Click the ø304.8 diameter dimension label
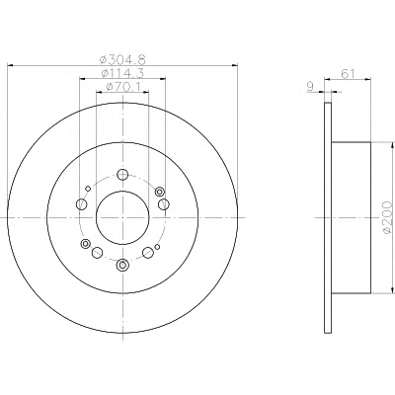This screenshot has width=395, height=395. pyautogui.click(x=122, y=60)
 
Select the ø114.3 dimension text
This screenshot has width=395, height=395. pyautogui.click(x=122, y=73)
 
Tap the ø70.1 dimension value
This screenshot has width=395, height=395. pyautogui.click(x=123, y=87)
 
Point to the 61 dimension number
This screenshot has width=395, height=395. pyautogui.click(x=348, y=74)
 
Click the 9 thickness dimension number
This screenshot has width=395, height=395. pyautogui.click(x=310, y=87)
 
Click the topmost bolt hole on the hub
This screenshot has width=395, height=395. pyautogui.click(x=122, y=175)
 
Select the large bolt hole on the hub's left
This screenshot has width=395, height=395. pyautogui.click(x=81, y=204)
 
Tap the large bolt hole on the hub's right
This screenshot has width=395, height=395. pyautogui.click(x=164, y=204)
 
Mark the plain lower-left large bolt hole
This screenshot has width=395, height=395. pyautogui.click(x=97, y=253)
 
